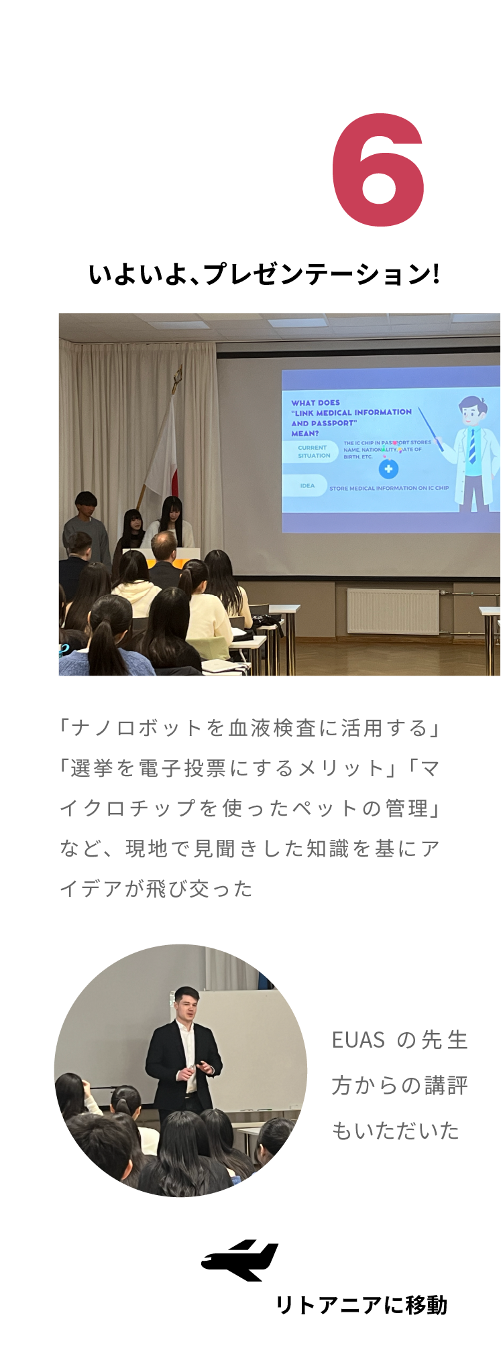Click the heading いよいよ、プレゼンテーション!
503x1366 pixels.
pos(264,274)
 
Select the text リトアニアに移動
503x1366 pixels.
pos(361,1305)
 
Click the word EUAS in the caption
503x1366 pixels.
pos(358,1040)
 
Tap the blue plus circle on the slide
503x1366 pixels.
pos(388,469)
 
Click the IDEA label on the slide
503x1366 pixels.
pos(307,486)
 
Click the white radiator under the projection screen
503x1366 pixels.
pos(393,611)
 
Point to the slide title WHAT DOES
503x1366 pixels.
pos(315,403)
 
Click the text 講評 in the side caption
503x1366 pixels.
pos(445,1085)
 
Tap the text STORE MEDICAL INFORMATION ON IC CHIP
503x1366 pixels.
pos(389,488)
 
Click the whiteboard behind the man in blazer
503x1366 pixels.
pos(247,1049)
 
